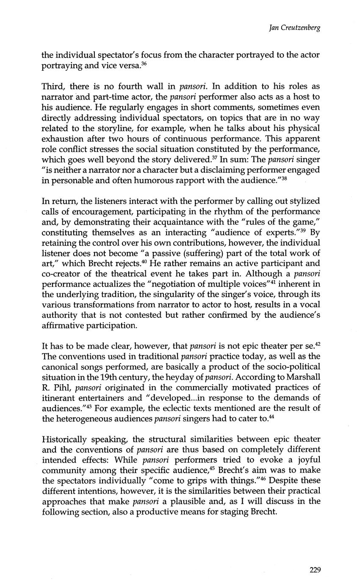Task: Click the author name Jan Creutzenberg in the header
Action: pos(294,28)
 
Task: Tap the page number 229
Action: pos(315,570)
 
